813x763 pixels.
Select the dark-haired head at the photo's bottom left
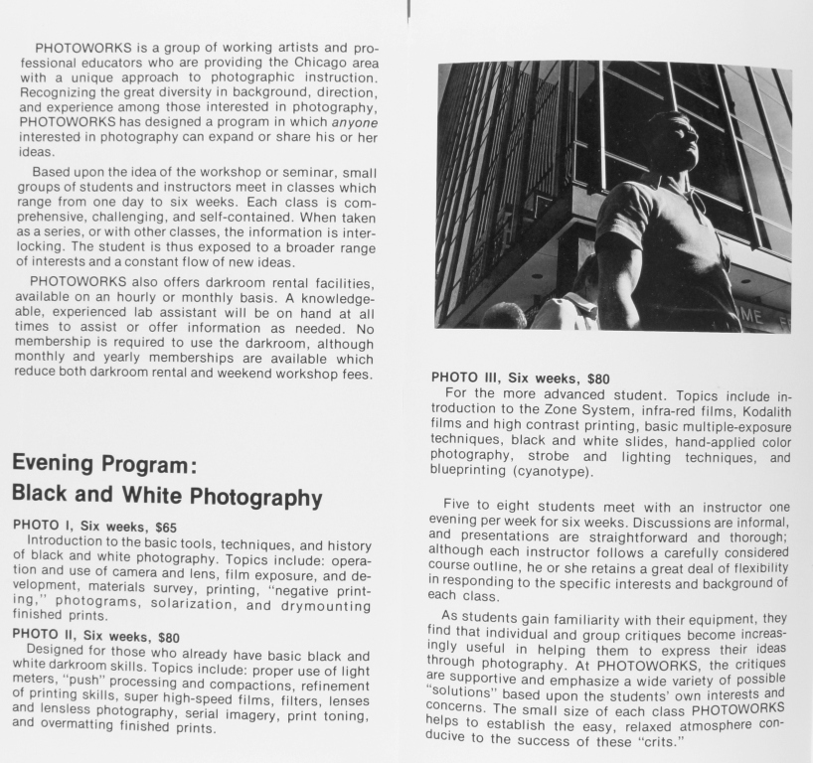(x=504, y=318)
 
